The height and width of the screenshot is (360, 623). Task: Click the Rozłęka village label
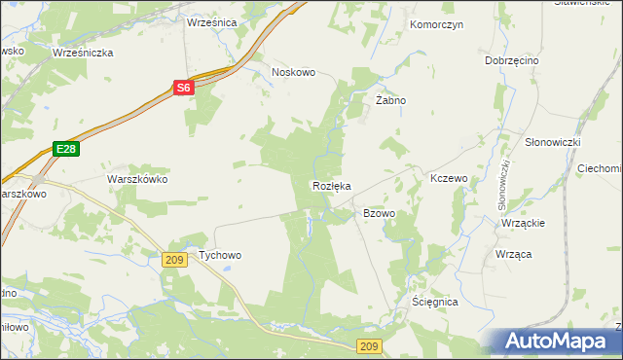331,185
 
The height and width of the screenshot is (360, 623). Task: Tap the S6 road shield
184,88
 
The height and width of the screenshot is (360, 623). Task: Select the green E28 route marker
65,149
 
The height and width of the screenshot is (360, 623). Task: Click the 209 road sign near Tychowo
175,259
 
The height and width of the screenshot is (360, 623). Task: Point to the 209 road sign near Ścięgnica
369,346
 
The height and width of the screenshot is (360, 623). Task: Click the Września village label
211,20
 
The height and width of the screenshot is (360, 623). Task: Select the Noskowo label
294,72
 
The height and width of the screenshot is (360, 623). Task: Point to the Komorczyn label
437,23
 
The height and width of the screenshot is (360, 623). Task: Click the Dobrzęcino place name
512,60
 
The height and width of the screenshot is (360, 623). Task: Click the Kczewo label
450,179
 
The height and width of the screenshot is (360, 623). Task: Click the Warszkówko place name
137,180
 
